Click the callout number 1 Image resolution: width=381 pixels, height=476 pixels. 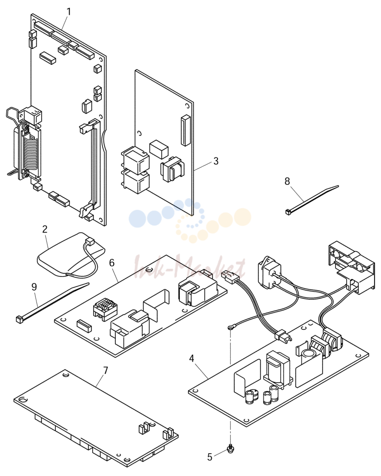pos(69,12)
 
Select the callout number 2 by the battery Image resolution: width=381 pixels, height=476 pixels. pos(45,229)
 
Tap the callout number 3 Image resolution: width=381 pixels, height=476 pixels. pos(216,161)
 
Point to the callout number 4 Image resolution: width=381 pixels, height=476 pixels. pos(191,359)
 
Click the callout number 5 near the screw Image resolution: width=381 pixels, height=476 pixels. pos(209,457)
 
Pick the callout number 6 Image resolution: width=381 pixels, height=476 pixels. pos(112,263)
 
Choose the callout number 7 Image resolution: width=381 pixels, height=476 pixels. pos(106,371)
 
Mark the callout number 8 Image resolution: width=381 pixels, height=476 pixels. pos(287,181)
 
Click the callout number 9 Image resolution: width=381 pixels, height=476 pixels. pos(34,286)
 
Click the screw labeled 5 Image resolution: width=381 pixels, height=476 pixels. pos(230,448)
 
